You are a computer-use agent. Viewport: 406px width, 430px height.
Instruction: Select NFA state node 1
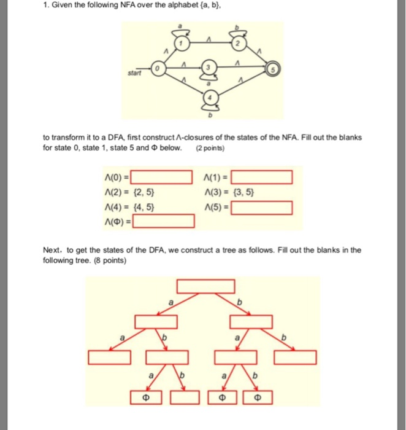182,43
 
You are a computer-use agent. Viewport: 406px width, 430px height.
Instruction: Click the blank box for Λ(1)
261,179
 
